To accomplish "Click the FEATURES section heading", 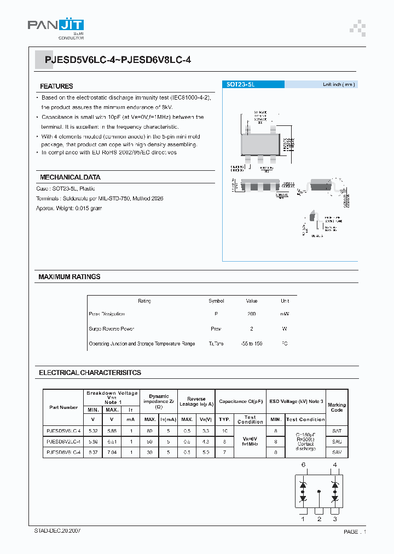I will tap(56, 86).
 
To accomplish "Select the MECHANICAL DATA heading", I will tap(70, 177).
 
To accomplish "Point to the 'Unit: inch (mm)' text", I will tap(339, 84).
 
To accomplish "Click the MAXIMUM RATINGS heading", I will tap(69, 277).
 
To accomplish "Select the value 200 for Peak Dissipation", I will tap(251, 314).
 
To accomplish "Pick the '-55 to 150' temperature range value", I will tap(252, 344).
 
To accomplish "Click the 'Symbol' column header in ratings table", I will tap(216, 301).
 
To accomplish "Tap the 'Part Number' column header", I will tap(63, 407).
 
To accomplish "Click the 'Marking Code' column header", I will tap(337, 407).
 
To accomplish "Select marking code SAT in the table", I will tap(337, 431).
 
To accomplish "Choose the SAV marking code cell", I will tap(337, 452).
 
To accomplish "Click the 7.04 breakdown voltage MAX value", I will tap(112, 452).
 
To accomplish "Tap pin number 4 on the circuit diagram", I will tap(334, 465).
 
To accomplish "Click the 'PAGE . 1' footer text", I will tap(355, 532).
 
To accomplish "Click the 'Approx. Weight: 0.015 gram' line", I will tap(69, 209).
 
